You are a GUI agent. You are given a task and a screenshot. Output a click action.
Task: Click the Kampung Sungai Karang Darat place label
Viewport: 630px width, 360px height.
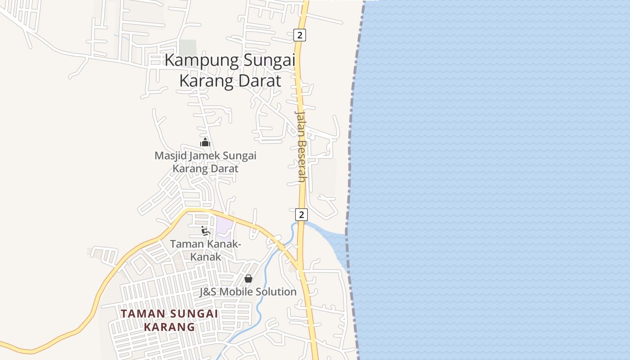pos(230,71)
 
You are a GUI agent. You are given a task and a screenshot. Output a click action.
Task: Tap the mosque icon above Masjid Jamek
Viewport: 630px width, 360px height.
pos(205,143)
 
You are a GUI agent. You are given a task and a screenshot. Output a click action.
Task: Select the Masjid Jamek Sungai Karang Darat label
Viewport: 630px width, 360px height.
pos(206,162)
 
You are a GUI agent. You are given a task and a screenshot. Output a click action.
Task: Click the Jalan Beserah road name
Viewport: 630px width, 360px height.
pos(301,146)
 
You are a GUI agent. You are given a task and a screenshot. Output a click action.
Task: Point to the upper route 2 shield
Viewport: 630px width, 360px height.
pos(300,35)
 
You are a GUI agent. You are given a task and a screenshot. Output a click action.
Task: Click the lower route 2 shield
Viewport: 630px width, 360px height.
pos(301,214)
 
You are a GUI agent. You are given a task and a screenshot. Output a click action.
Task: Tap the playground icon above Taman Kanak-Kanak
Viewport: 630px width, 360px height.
pos(206,231)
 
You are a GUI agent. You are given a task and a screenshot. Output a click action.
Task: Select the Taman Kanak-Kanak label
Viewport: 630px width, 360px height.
pos(206,250)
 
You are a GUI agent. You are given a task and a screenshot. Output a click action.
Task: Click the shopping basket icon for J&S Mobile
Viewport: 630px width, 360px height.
pos(248,279)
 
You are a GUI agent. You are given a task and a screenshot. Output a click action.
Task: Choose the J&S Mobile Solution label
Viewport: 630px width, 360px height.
pos(248,292)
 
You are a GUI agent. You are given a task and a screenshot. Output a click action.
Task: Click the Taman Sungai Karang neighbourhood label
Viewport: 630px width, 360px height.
pos(169,320)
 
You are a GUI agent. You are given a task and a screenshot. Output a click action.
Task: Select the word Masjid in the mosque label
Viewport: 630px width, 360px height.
pos(170,156)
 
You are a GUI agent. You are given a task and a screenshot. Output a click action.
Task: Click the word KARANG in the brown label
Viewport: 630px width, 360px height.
pos(169,327)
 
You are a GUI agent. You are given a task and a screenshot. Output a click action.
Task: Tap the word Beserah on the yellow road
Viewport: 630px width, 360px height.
pos(301,160)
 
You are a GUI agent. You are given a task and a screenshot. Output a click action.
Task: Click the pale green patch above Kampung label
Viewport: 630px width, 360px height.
pos(188,47)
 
